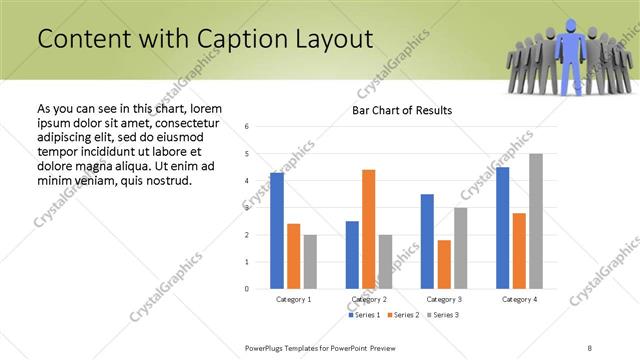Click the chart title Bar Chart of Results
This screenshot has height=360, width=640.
tap(402, 110)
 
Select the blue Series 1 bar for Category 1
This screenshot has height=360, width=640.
tap(277, 230)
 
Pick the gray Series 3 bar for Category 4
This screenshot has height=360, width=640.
tap(536, 221)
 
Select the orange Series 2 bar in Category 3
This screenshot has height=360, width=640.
tap(444, 264)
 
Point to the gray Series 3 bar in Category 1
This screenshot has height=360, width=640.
tap(310, 261)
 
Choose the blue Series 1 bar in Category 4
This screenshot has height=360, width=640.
tap(502, 227)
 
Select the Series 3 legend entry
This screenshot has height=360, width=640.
tap(443, 315)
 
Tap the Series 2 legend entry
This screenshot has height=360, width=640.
tap(404, 315)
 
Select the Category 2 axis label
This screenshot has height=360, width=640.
tap(368, 299)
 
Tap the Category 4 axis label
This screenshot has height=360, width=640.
tap(519, 299)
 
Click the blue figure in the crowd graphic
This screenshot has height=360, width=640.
tap(571, 55)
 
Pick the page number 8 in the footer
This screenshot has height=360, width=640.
tap(590, 347)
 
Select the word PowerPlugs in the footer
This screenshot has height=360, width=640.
tap(267, 347)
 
